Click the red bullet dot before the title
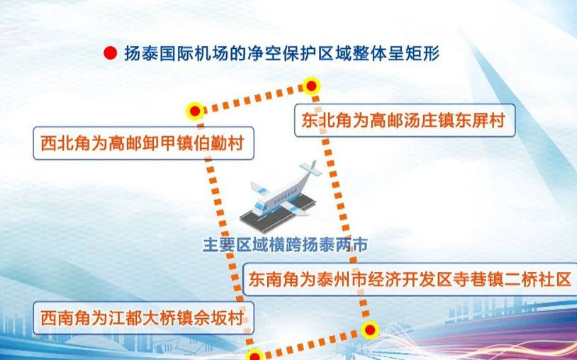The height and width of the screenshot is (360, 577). (110, 54)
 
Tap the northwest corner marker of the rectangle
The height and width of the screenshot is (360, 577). (195, 111)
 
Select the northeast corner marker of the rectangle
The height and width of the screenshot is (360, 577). (311, 86)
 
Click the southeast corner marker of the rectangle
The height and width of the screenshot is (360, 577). (369, 330)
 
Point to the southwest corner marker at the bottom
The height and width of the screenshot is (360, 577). (254, 356)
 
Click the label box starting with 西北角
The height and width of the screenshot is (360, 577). (143, 143)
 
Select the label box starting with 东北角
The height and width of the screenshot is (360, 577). (405, 120)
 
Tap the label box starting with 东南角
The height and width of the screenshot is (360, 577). (410, 279)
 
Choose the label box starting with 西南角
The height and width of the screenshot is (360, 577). (143, 318)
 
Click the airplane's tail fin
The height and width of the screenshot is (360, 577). (312, 168)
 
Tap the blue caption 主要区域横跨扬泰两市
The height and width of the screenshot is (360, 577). (285, 245)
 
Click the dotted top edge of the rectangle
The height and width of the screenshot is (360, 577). (253, 99)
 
